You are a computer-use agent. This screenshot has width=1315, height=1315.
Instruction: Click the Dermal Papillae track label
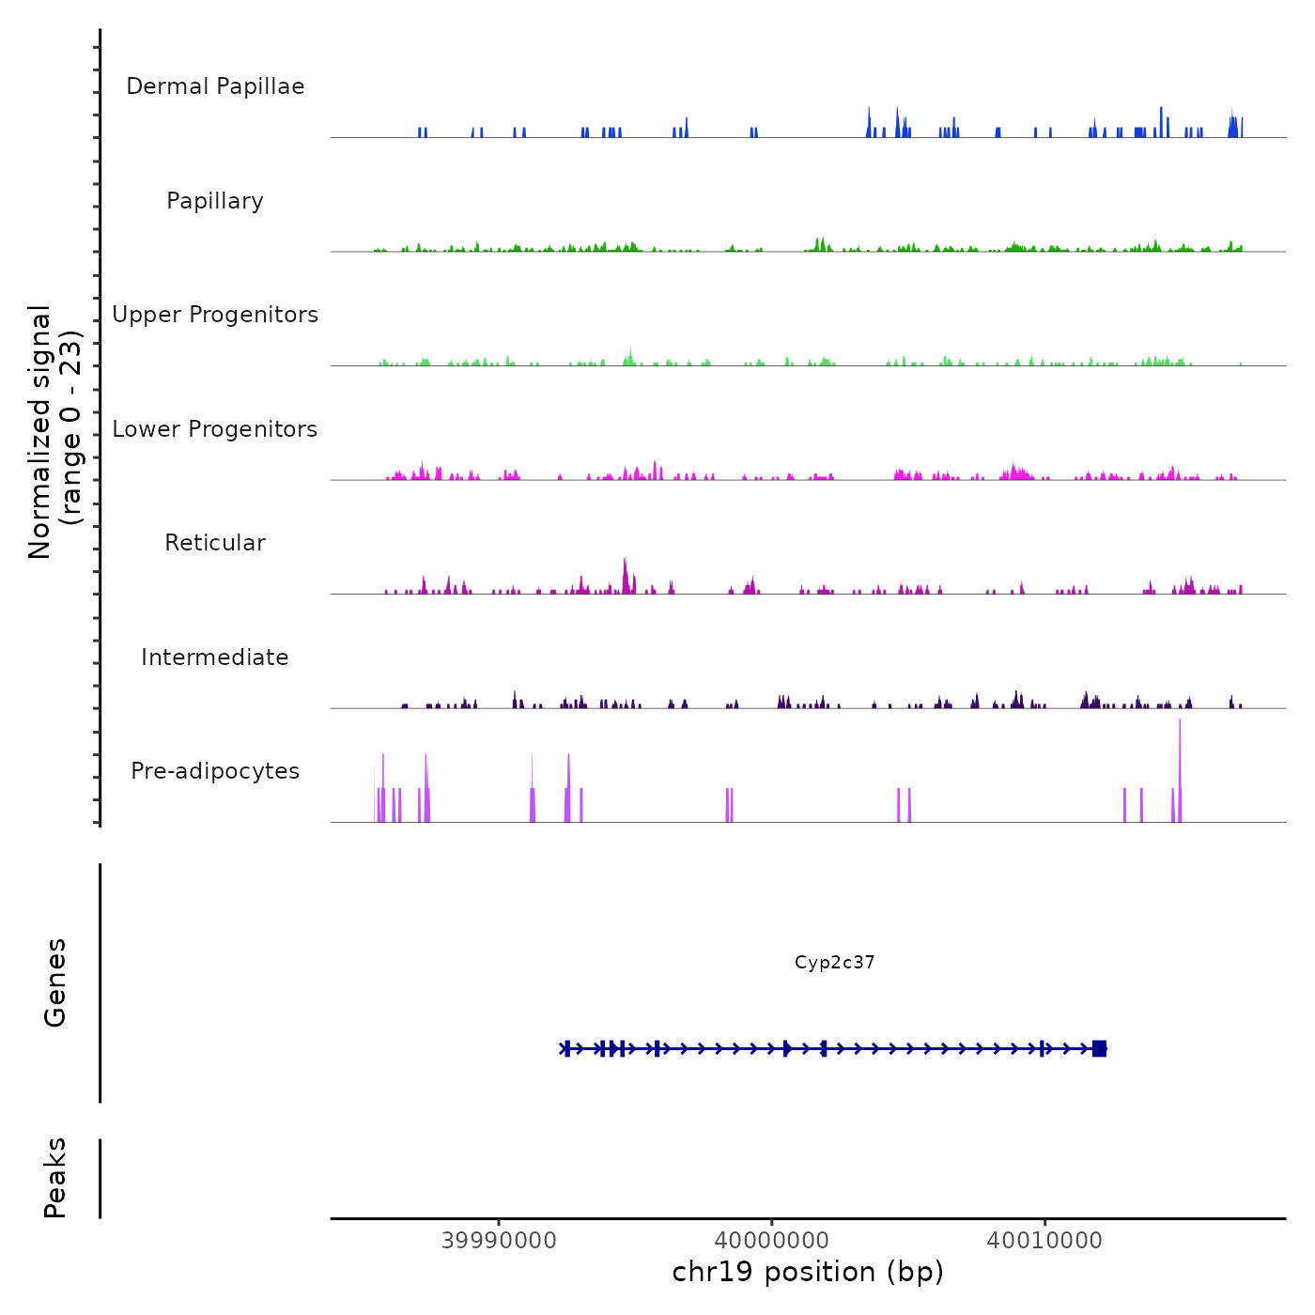(x=215, y=86)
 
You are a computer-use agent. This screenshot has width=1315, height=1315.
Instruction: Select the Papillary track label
(x=215, y=201)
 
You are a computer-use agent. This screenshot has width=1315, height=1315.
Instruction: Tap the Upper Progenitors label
(x=215, y=315)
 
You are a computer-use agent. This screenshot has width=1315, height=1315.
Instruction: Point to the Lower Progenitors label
(x=215, y=429)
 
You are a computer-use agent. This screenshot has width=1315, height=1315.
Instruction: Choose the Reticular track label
(x=215, y=543)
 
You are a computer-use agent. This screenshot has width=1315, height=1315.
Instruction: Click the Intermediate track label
(x=215, y=657)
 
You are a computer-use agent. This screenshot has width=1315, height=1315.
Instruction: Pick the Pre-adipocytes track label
(x=215, y=771)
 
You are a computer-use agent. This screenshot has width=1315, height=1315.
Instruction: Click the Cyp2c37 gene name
(x=834, y=963)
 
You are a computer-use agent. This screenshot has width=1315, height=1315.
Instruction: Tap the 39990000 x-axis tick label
(x=499, y=1241)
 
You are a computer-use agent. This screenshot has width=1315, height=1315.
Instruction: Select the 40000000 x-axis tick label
(x=771, y=1241)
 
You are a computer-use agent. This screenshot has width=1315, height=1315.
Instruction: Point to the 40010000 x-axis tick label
(x=1044, y=1241)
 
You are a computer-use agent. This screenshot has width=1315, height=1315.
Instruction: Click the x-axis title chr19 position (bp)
(x=808, y=1273)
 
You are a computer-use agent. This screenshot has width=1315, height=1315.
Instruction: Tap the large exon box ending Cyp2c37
(x=1099, y=1048)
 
